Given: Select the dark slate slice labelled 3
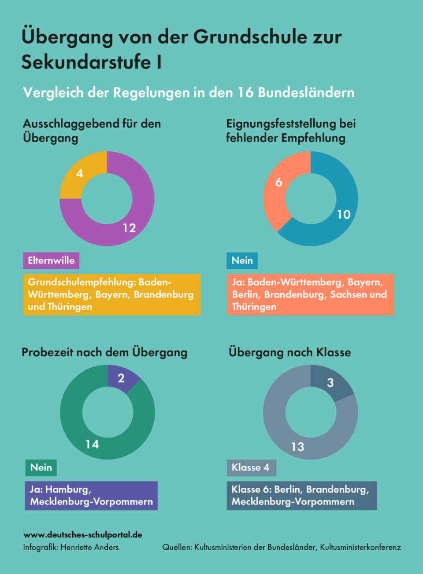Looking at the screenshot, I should tap(330, 382).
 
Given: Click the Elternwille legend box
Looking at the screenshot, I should tap(51, 260).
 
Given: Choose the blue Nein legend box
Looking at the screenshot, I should tap(242, 260).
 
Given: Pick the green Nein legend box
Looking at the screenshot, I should tap(41, 468).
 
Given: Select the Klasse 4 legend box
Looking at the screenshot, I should tap(251, 468).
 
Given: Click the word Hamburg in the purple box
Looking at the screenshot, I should tap(68, 490).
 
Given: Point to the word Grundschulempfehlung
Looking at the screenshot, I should tap(82, 282).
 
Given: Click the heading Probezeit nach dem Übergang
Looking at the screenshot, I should tap(104, 352).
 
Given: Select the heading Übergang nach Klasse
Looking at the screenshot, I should tap(289, 352).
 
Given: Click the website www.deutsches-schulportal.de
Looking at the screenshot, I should tap(83, 535).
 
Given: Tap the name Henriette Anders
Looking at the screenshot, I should tap(89, 547).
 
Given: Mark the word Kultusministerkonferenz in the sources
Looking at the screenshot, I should tap(360, 547).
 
